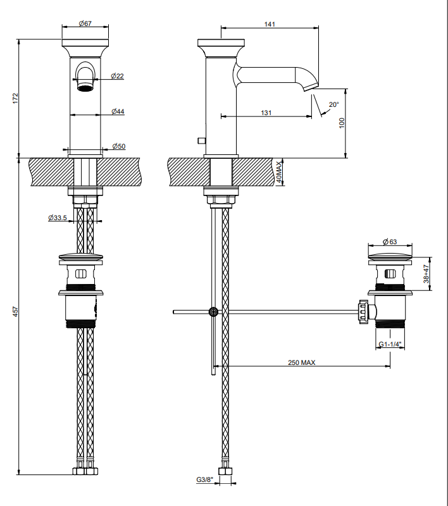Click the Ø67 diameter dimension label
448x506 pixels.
85,23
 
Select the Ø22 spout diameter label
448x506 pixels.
117,76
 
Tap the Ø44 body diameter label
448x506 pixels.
118,111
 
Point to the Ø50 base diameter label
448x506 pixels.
119,146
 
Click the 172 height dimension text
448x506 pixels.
16,99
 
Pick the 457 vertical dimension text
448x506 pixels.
16,311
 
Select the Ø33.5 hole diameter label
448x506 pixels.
58,218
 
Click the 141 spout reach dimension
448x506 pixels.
270,24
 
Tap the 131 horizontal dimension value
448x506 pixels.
266,113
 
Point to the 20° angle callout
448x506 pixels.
333,104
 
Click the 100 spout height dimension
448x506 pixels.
342,123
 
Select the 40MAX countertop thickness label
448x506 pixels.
279,172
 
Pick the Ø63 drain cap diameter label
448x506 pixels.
390,242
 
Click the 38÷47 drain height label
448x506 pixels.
426,274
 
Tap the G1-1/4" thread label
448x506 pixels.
390,344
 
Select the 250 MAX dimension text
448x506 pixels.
301,362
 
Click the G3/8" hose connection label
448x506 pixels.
204,480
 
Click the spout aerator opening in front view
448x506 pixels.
85,88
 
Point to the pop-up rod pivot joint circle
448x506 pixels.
213,312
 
